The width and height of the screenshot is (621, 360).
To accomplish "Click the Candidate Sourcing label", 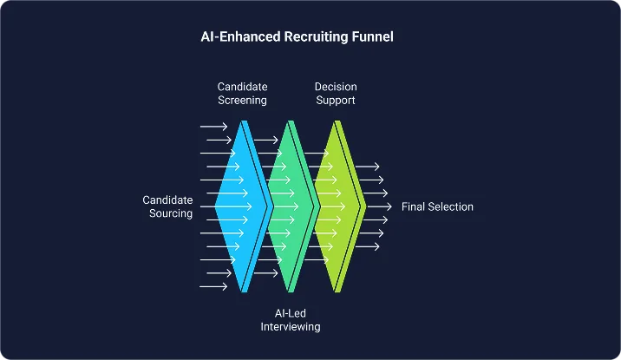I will [x=167, y=206].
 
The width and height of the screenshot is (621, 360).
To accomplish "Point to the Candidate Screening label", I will [x=242, y=94].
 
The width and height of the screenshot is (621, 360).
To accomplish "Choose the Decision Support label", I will [x=335, y=94].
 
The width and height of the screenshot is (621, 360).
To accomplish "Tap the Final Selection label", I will [x=437, y=206].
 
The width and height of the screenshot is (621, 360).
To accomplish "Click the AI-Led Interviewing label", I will [x=291, y=320].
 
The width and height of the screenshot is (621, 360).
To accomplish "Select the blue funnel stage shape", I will [x=236, y=206].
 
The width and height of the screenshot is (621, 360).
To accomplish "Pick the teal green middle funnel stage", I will [x=286, y=206].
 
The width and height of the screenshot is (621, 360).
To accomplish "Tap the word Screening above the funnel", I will [x=242, y=101].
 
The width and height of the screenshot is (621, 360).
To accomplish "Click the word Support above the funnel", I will [x=335, y=101].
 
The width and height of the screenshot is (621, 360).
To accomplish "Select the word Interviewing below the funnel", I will [x=291, y=327].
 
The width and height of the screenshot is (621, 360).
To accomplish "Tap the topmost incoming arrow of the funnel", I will [x=213, y=127].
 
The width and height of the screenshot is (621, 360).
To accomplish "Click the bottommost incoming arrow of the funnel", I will [x=213, y=286].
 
